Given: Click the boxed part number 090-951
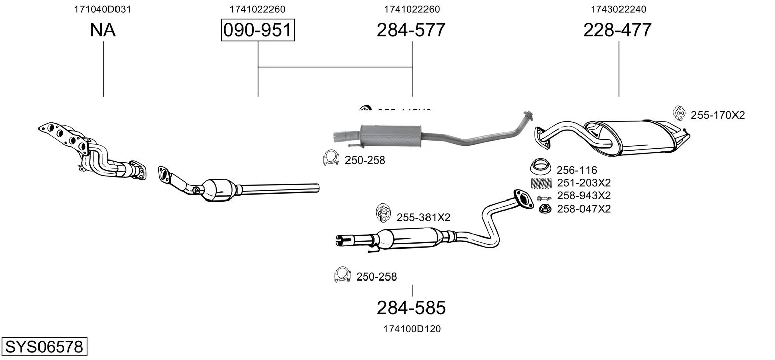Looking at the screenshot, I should pos(258,30).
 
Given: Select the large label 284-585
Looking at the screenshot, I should pos(411,308).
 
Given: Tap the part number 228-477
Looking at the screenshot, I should pos(617,30).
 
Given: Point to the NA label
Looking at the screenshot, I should pos(103,30).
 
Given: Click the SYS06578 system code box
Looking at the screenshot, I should pos(44,347).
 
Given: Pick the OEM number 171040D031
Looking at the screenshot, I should pos(103,9).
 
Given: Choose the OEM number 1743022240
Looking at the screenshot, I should pos(618,9).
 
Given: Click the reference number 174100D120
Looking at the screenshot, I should pos(412,329).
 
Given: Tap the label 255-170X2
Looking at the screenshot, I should pos(718,115).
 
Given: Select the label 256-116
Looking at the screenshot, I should pos(576,170).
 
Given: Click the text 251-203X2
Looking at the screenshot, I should pos(584,183).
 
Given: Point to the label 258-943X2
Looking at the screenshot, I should pos(584,196).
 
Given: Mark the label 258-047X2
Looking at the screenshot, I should pos(584,209).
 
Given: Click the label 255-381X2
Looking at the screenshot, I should pos(423,218).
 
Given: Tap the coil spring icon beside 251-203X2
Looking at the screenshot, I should pos(541,183).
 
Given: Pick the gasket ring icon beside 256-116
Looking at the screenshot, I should pos(541,167).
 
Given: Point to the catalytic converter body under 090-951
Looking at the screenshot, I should pos(217,190).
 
